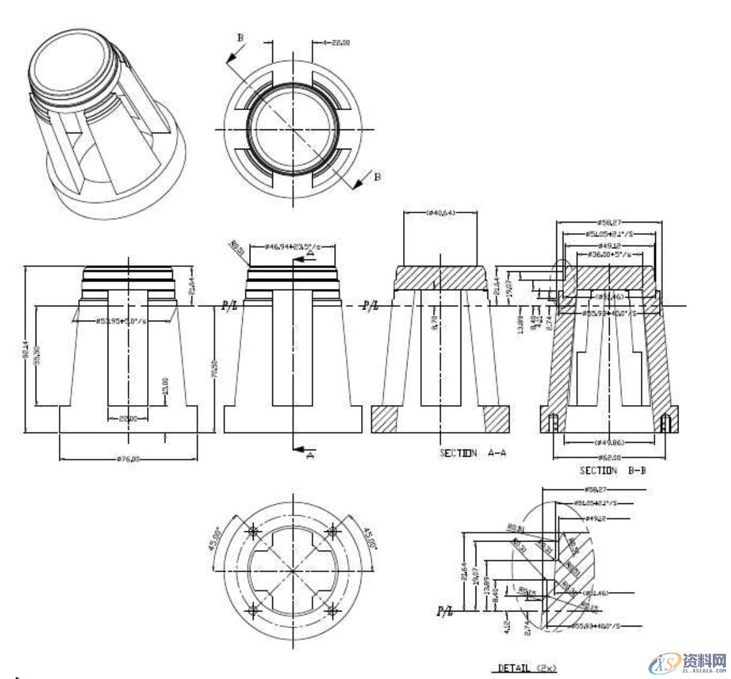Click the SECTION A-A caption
click(473, 453)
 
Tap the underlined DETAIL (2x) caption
click(527, 668)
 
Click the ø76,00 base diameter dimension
click(128, 458)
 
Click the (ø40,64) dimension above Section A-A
click(441, 213)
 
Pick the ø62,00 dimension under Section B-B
click(610, 457)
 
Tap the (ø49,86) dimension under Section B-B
click(610, 442)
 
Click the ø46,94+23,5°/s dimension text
click(292, 247)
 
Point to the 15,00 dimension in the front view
click(165, 385)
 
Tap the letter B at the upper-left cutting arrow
click(240, 38)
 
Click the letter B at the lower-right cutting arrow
click(377, 177)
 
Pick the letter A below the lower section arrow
click(309, 457)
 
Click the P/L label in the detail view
click(445, 611)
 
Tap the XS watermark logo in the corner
click(665, 662)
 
